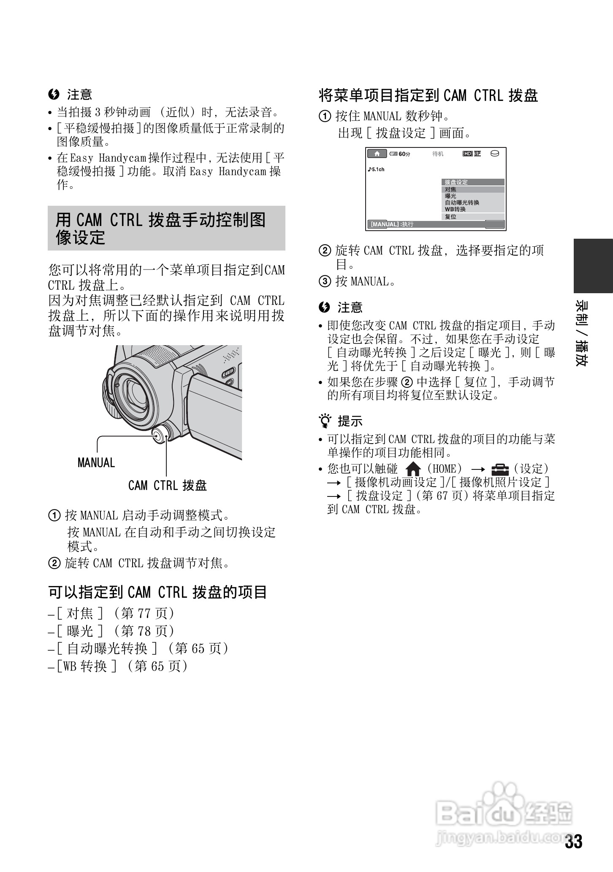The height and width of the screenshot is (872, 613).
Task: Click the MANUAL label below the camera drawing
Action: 96,463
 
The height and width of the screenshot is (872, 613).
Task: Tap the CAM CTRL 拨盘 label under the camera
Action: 167,485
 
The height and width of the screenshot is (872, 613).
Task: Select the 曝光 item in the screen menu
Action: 450,196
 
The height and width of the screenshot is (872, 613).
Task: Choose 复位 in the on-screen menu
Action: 450,217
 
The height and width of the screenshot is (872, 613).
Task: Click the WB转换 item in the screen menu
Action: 455,209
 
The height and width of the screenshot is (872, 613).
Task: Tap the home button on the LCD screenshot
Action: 377,153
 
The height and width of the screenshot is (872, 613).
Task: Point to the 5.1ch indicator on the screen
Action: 376,169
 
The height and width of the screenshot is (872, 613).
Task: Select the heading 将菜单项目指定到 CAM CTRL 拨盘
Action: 428,95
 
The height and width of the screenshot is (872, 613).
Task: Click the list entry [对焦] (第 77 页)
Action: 111,613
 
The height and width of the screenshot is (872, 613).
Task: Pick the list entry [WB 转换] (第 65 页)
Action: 118,666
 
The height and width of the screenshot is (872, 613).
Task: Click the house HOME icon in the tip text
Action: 413,469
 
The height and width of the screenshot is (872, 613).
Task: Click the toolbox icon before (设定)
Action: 500,469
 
